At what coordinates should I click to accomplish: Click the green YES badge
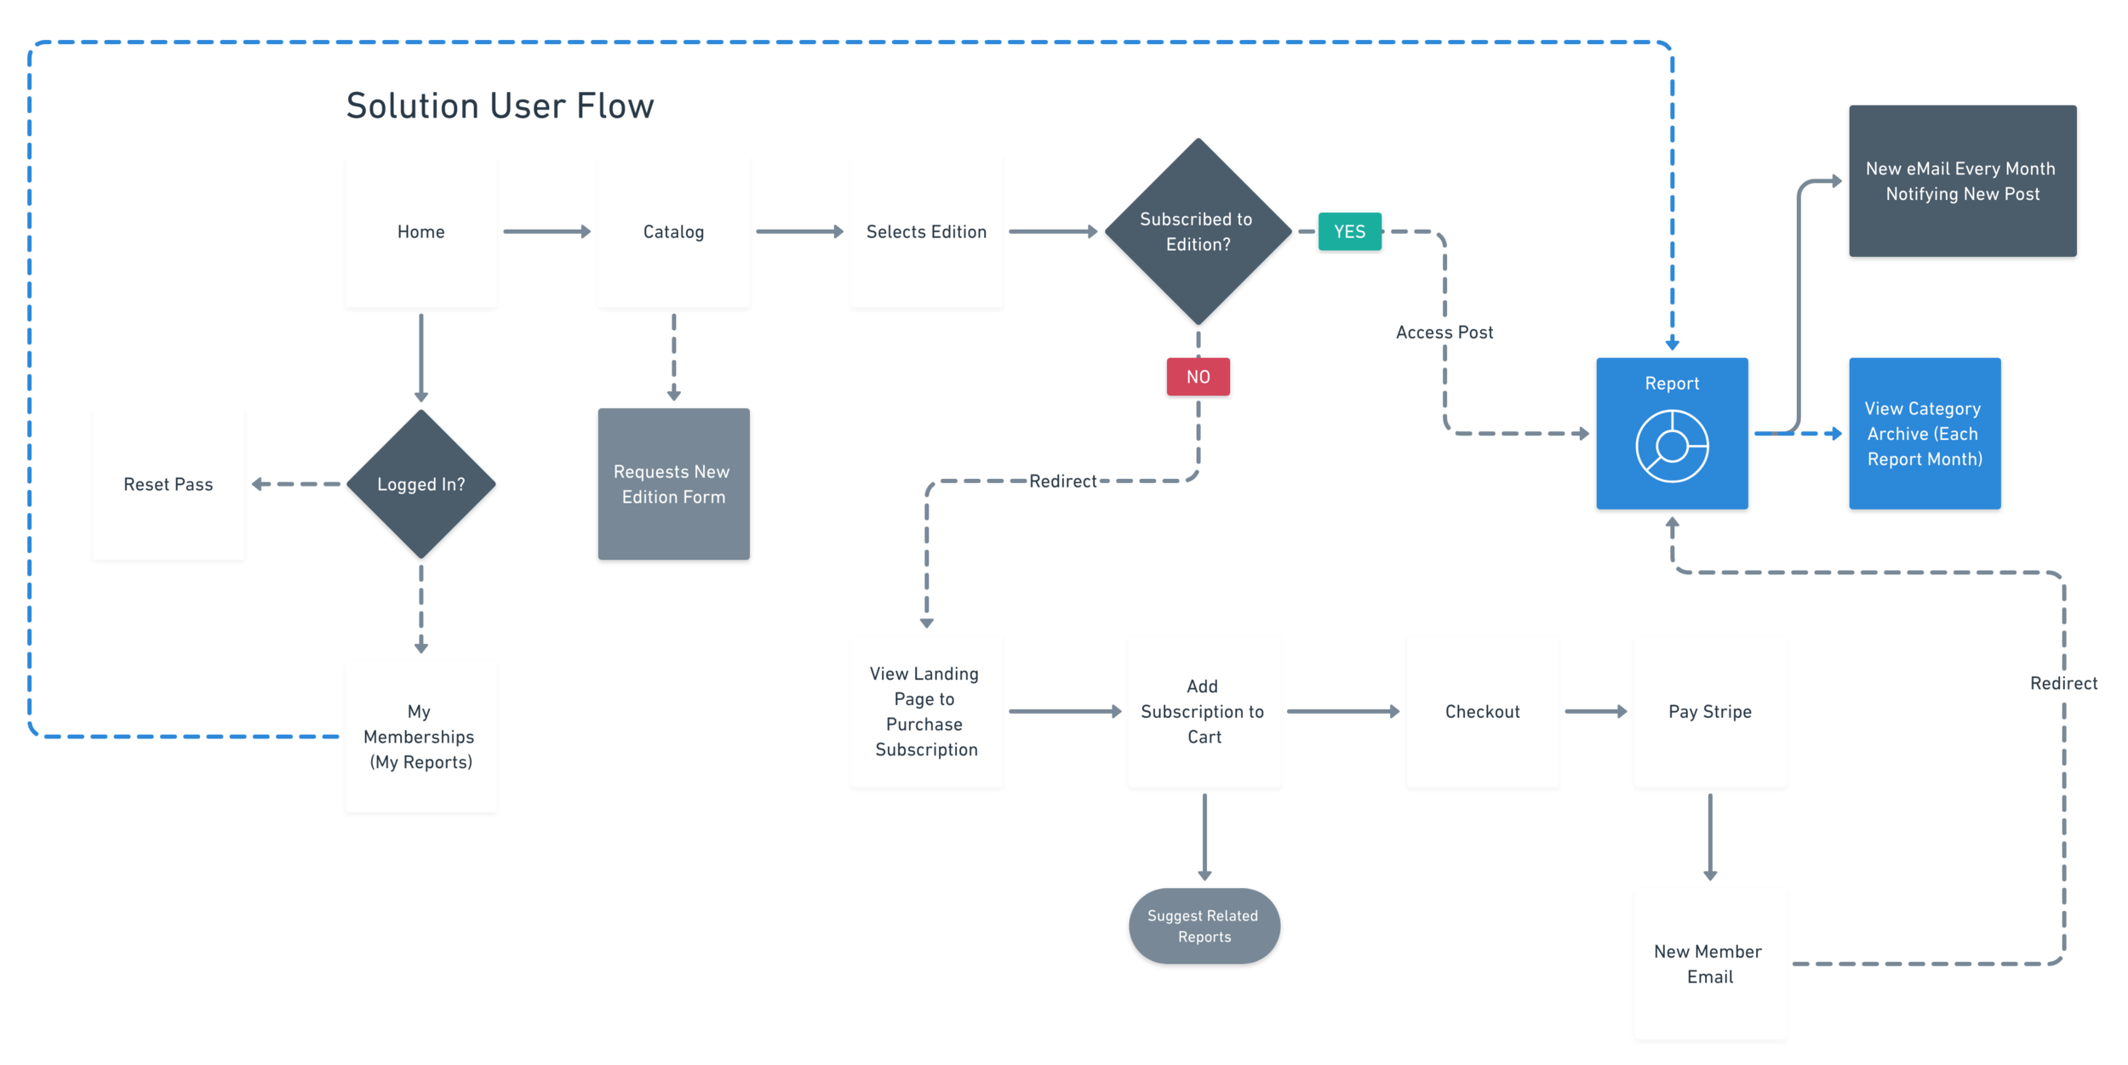[x=1349, y=231]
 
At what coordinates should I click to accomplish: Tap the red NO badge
[x=1198, y=377]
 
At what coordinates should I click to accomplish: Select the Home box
[x=420, y=231]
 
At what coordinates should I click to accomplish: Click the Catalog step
[x=673, y=231]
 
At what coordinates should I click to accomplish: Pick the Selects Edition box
[x=926, y=231]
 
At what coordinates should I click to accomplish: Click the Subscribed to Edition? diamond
[x=1198, y=231]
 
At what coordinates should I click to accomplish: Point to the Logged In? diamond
[x=420, y=484]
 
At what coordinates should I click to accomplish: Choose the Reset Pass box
[x=168, y=484]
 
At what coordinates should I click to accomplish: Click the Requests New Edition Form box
[x=673, y=484]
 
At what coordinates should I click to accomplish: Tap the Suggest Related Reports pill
[x=1204, y=925]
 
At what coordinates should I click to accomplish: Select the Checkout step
[x=1482, y=711]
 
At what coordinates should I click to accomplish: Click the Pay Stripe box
[x=1710, y=711]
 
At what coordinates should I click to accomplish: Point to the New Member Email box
[x=1710, y=964]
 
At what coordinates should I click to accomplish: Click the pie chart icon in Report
[x=1672, y=446]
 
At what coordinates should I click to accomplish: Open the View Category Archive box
[x=1925, y=434]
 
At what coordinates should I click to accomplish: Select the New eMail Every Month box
[x=1962, y=181]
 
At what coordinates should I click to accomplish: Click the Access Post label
[x=1444, y=333]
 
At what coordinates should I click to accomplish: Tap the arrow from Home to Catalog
[x=546, y=231]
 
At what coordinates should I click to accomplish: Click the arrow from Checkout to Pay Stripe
[x=1596, y=711]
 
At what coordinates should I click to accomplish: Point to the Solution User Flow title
[x=500, y=106]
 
